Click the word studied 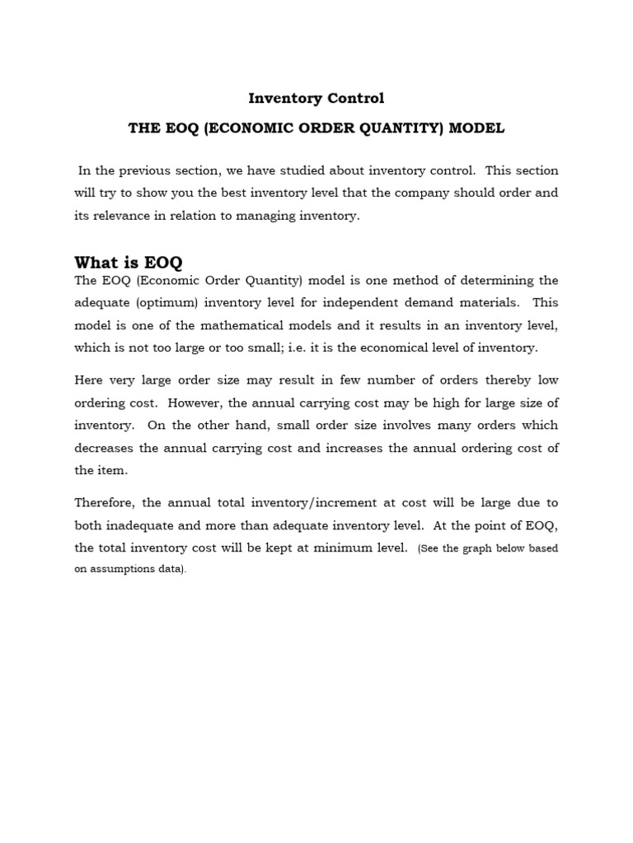(293, 170)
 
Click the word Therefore (108, 503)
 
